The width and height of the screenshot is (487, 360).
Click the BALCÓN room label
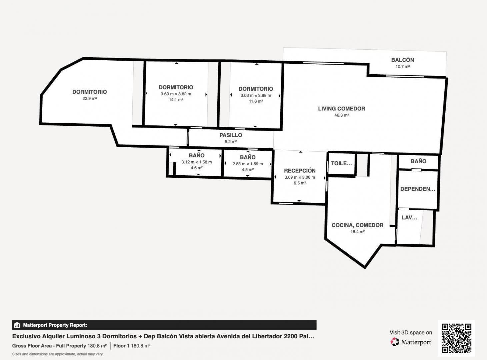coord(402,60)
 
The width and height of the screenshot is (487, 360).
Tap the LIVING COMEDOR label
coord(341,109)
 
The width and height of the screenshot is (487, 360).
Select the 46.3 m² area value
coord(341,115)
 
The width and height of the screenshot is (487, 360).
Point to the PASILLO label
coord(231,135)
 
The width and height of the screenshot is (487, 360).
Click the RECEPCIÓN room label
coord(300,170)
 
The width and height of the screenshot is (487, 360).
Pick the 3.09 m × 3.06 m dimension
coord(300,177)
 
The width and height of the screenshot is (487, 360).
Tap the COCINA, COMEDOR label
coord(357,225)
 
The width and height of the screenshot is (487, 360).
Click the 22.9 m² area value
coord(90,98)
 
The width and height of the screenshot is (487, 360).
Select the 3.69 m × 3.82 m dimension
coord(176,94)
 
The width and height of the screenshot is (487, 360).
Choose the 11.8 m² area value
coord(256,101)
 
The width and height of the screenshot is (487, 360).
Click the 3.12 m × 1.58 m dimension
coord(197,162)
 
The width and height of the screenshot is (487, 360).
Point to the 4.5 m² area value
coord(248,170)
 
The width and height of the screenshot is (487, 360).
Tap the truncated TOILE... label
coord(341,163)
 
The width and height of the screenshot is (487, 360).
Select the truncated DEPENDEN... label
coord(418,189)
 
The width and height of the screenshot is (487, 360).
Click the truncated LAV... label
coord(409,218)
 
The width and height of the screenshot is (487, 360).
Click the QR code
coord(456,338)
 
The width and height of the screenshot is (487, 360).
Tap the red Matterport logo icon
coord(395,342)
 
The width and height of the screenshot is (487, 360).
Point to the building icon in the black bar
coord(17,325)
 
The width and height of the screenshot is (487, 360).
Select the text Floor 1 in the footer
coord(121,346)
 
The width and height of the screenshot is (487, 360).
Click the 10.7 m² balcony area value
coord(402,67)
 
